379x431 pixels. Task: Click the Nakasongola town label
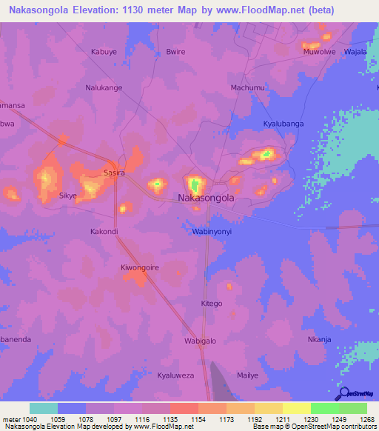click(207, 198)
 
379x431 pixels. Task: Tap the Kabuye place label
click(104, 52)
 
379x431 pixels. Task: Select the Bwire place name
click(175, 52)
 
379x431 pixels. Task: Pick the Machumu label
click(247, 87)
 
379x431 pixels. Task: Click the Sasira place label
click(114, 173)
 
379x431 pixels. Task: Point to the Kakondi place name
click(104, 231)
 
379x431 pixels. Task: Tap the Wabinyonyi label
click(207, 231)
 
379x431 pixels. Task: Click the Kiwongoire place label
click(139, 267)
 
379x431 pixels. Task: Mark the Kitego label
click(212, 304)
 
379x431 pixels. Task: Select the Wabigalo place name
click(200, 341)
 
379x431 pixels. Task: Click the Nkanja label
click(318, 340)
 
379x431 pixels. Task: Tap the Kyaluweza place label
click(175, 375)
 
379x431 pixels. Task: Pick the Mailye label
click(247, 375)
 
